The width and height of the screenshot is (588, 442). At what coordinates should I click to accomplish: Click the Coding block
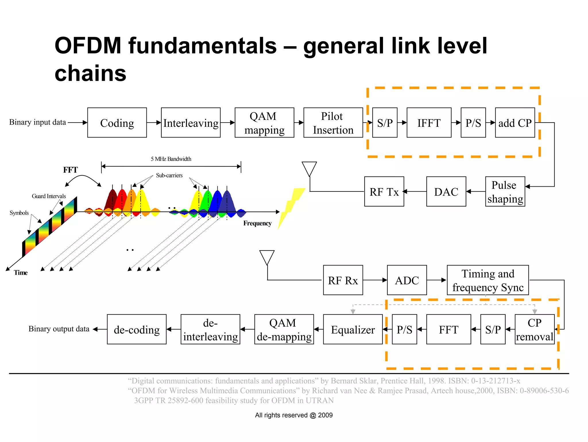(117, 123)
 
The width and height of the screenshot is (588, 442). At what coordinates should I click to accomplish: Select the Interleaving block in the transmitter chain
(191, 123)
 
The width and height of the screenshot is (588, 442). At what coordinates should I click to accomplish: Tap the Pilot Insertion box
(333, 123)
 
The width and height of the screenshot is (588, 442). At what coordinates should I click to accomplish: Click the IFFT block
(429, 123)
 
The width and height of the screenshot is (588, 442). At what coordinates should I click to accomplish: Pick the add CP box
(515, 123)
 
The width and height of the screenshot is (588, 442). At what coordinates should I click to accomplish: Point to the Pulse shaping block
(505, 192)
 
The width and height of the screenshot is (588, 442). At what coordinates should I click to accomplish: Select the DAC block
(446, 192)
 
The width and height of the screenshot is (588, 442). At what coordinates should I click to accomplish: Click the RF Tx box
(384, 192)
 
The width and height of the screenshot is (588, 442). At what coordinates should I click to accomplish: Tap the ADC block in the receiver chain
(407, 280)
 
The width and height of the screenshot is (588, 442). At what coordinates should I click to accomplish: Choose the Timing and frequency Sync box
(488, 280)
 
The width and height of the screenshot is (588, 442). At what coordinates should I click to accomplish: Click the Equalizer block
(353, 329)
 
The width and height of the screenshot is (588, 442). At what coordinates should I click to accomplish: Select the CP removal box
(534, 329)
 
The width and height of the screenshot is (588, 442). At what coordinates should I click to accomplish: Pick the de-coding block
(137, 329)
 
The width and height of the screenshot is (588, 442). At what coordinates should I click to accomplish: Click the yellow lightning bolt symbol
(291, 207)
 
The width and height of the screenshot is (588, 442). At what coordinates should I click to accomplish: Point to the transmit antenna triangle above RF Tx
(309, 168)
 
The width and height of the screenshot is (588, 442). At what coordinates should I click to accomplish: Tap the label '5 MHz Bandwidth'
(171, 159)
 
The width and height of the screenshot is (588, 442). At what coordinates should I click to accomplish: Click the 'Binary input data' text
(38, 122)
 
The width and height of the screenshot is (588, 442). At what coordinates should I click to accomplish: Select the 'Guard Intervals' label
(49, 196)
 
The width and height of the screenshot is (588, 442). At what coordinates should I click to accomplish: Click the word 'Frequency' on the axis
(257, 223)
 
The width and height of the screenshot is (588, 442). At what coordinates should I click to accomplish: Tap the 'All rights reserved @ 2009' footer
(294, 415)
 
